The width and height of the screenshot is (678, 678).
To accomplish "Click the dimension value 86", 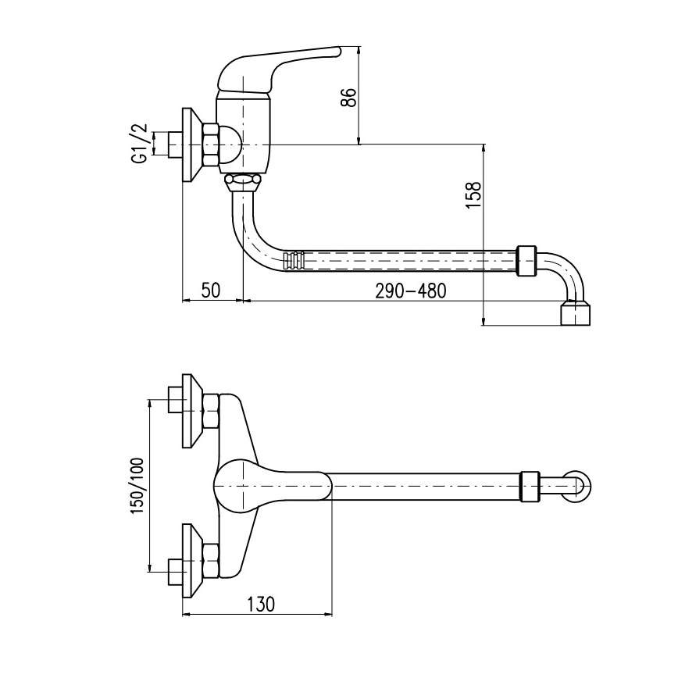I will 350,97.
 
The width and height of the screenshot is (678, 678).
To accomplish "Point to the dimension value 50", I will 210,291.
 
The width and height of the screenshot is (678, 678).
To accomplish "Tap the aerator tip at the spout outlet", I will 576,313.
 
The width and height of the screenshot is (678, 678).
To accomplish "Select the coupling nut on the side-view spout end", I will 527,260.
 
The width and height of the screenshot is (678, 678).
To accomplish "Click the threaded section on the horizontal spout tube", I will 294,260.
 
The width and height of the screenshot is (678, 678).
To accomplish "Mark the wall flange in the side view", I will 189,145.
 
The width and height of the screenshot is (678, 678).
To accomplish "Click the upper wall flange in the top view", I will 191,411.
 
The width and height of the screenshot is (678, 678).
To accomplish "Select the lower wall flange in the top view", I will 191,561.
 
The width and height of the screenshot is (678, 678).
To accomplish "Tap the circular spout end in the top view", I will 580,487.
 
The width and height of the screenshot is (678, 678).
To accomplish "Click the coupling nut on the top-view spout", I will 530,486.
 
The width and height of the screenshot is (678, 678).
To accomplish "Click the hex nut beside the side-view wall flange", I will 210,145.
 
